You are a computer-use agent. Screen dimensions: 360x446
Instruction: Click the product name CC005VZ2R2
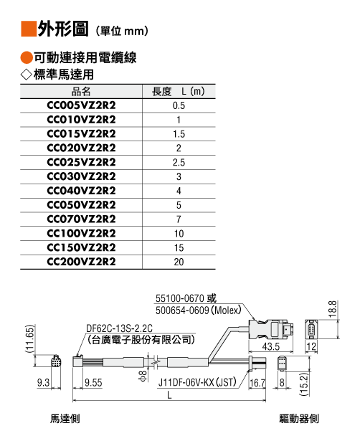pyautogui.click(x=81, y=105)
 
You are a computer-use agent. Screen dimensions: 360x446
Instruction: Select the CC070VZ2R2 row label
pyautogui.click(x=81, y=219)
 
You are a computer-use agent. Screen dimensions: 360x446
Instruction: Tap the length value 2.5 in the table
pyautogui.click(x=179, y=163)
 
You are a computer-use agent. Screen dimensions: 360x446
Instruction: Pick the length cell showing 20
pyautogui.click(x=179, y=262)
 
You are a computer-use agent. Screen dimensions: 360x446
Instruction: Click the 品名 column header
pyautogui.click(x=81, y=92)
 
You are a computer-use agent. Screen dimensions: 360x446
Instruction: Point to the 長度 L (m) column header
pyautogui.click(x=179, y=92)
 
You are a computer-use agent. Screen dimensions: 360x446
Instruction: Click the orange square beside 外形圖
pyautogui.click(x=29, y=29)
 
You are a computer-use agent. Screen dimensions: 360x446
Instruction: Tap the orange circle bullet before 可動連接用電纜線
pyautogui.click(x=27, y=58)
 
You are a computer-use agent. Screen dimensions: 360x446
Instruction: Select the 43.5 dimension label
pyautogui.click(x=270, y=346)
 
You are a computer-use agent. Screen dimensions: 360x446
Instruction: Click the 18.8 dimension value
pyautogui.click(x=333, y=309)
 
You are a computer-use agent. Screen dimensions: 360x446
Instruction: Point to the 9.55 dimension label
pyautogui.click(x=93, y=383)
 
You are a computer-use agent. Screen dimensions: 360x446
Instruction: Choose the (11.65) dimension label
pyautogui.click(x=30, y=338)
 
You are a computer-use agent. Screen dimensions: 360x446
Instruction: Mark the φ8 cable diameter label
pyautogui.click(x=143, y=376)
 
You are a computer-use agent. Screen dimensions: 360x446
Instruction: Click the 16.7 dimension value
pyautogui.click(x=257, y=383)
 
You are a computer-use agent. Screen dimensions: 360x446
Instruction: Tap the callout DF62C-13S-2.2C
pyautogui.click(x=119, y=328)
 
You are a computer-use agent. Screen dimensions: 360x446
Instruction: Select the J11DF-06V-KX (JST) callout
pyautogui.click(x=197, y=382)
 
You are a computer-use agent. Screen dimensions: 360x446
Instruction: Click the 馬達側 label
pyautogui.click(x=65, y=419)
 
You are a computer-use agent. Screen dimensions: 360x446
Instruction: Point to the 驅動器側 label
pyautogui.click(x=299, y=419)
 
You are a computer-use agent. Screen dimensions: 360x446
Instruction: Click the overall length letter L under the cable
pyautogui.click(x=169, y=395)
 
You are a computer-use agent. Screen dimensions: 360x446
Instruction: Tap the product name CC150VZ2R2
pyautogui.click(x=81, y=248)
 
